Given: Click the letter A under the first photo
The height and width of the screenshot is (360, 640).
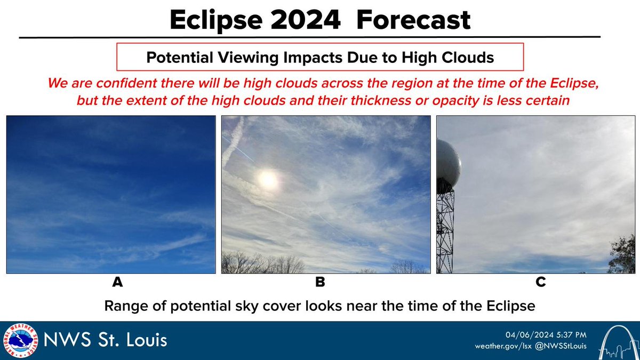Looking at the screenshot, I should [117, 283].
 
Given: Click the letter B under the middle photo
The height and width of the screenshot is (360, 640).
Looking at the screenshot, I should [320, 283].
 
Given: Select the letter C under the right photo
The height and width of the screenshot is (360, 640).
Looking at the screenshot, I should [541, 283].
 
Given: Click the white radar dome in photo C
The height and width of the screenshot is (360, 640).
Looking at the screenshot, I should [447, 163].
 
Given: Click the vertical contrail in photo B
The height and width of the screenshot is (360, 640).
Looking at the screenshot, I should [233, 141].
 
